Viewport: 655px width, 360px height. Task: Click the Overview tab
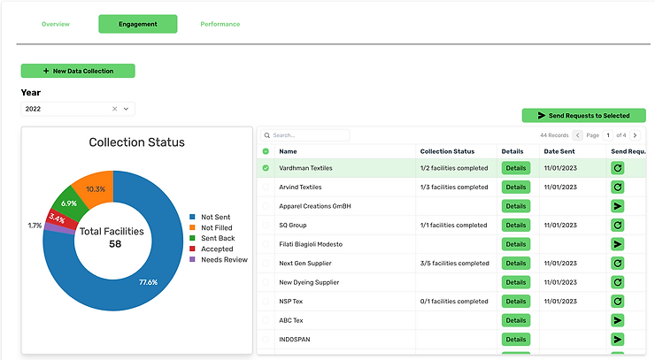(x=56, y=24)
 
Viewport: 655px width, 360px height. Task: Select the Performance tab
(x=220, y=24)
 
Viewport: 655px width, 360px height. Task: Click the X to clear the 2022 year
(x=114, y=109)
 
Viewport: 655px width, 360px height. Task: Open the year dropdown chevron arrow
(x=127, y=109)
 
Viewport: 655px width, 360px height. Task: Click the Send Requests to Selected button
(x=583, y=116)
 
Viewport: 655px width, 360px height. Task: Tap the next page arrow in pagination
(x=635, y=135)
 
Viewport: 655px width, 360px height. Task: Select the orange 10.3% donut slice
(x=96, y=187)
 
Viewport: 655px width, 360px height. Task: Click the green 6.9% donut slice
(x=70, y=203)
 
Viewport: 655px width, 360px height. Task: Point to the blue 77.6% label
(x=149, y=282)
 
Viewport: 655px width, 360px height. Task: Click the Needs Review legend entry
(x=219, y=260)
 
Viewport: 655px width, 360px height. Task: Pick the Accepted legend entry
(x=212, y=249)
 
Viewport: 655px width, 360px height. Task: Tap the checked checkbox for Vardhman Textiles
(x=266, y=168)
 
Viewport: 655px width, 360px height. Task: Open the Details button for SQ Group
(x=516, y=225)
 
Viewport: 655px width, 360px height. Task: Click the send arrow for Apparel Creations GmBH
(x=618, y=206)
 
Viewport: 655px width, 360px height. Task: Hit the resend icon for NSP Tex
(x=618, y=301)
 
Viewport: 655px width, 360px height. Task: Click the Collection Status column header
(x=447, y=151)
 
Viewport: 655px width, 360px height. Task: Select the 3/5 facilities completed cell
(x=454, y=264)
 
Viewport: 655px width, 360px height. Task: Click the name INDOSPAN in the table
(x=295, y=340)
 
